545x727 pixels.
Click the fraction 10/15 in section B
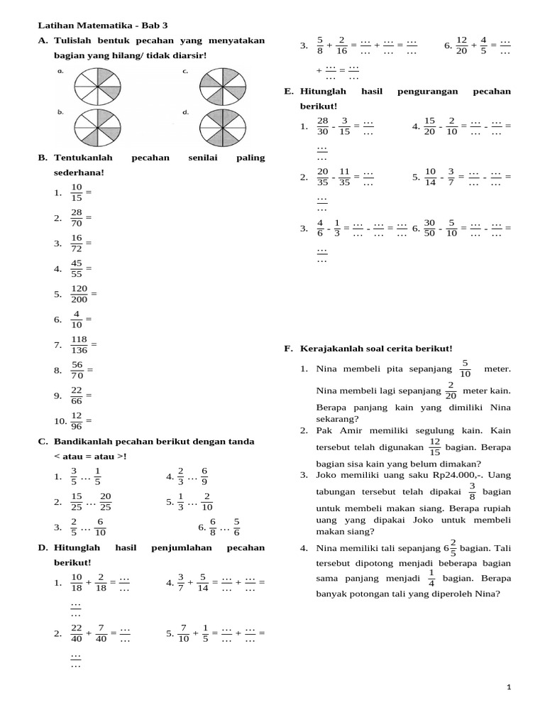(77, 192)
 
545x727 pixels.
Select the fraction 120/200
(79, 294)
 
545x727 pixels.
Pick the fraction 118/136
(79, 345)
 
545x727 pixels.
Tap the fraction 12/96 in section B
(77, 420)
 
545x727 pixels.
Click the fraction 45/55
(77, 268)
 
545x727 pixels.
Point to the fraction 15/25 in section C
(77, 501)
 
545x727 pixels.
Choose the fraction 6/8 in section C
(211, 527)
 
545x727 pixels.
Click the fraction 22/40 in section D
(77, 633)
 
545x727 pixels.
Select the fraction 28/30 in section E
(323, 126)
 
